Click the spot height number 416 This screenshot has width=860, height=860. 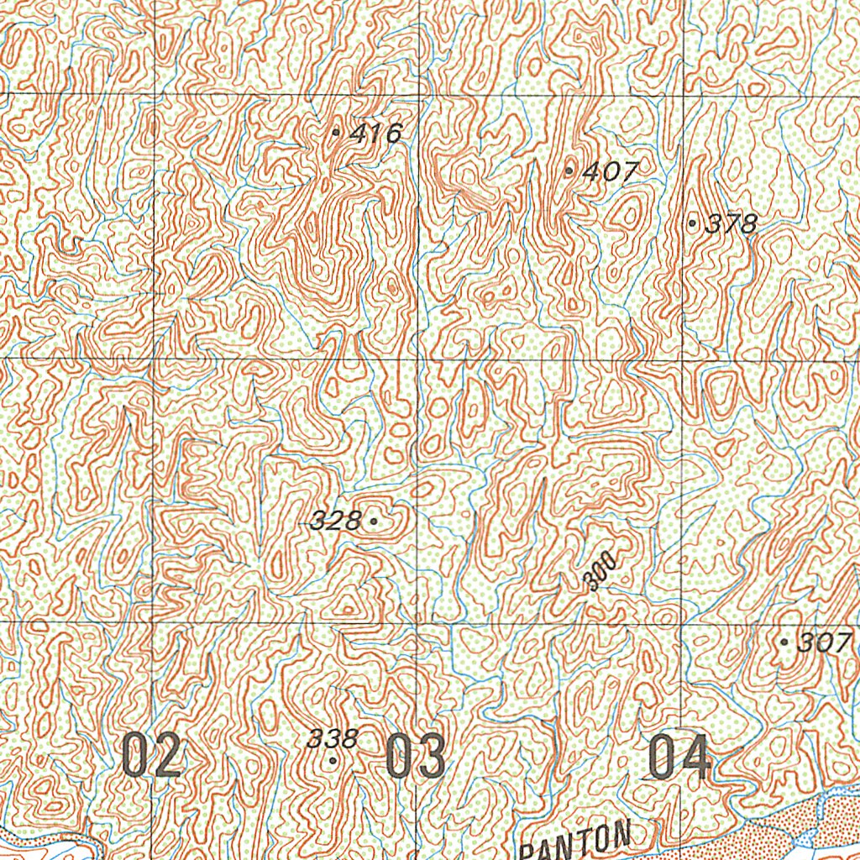click(376, 133)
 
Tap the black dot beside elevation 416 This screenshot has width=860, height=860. click(337, 132)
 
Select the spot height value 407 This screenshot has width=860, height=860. click(610, 172)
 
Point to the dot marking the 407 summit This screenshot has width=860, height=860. click(570, 171)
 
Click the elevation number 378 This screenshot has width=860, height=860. click(732, 223)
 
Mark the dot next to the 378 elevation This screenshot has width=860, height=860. click(692, 223)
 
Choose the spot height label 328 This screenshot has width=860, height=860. click(335, 522)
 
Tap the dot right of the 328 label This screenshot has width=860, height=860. click(373, 522)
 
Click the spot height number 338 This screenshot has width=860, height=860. click(333, 739)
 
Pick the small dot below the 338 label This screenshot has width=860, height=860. click(333, 761)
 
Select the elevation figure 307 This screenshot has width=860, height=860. click(824, 643)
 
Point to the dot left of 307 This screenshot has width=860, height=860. click(784, 642)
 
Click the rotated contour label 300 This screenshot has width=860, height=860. click(602, 572)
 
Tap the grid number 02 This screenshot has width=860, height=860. click(151, 754)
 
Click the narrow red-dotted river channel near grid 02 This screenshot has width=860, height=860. click(50, 844)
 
